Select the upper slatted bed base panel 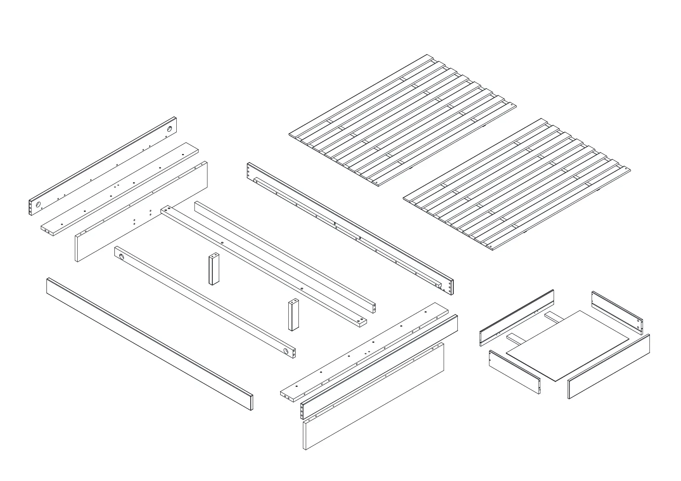[x=402, y=121]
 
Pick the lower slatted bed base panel [x=518, y=184]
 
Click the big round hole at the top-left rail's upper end [x=169, y=129]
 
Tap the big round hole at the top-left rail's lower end [x=38, y=205]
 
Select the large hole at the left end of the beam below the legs [x=122, y=256]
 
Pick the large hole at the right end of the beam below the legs [x=286, y=351]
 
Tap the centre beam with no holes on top [x=285, y=258]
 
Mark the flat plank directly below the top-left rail [x=120, y=188]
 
